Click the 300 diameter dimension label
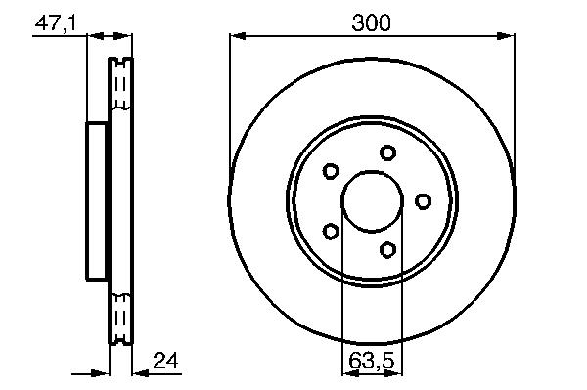371,22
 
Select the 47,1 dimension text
56,23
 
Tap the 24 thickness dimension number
165,361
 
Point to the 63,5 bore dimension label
372,361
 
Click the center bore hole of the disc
373,200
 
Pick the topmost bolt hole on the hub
387,152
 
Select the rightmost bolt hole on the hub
423,201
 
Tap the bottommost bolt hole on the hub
387,249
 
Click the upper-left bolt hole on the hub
331,171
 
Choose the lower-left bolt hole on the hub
331,231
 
